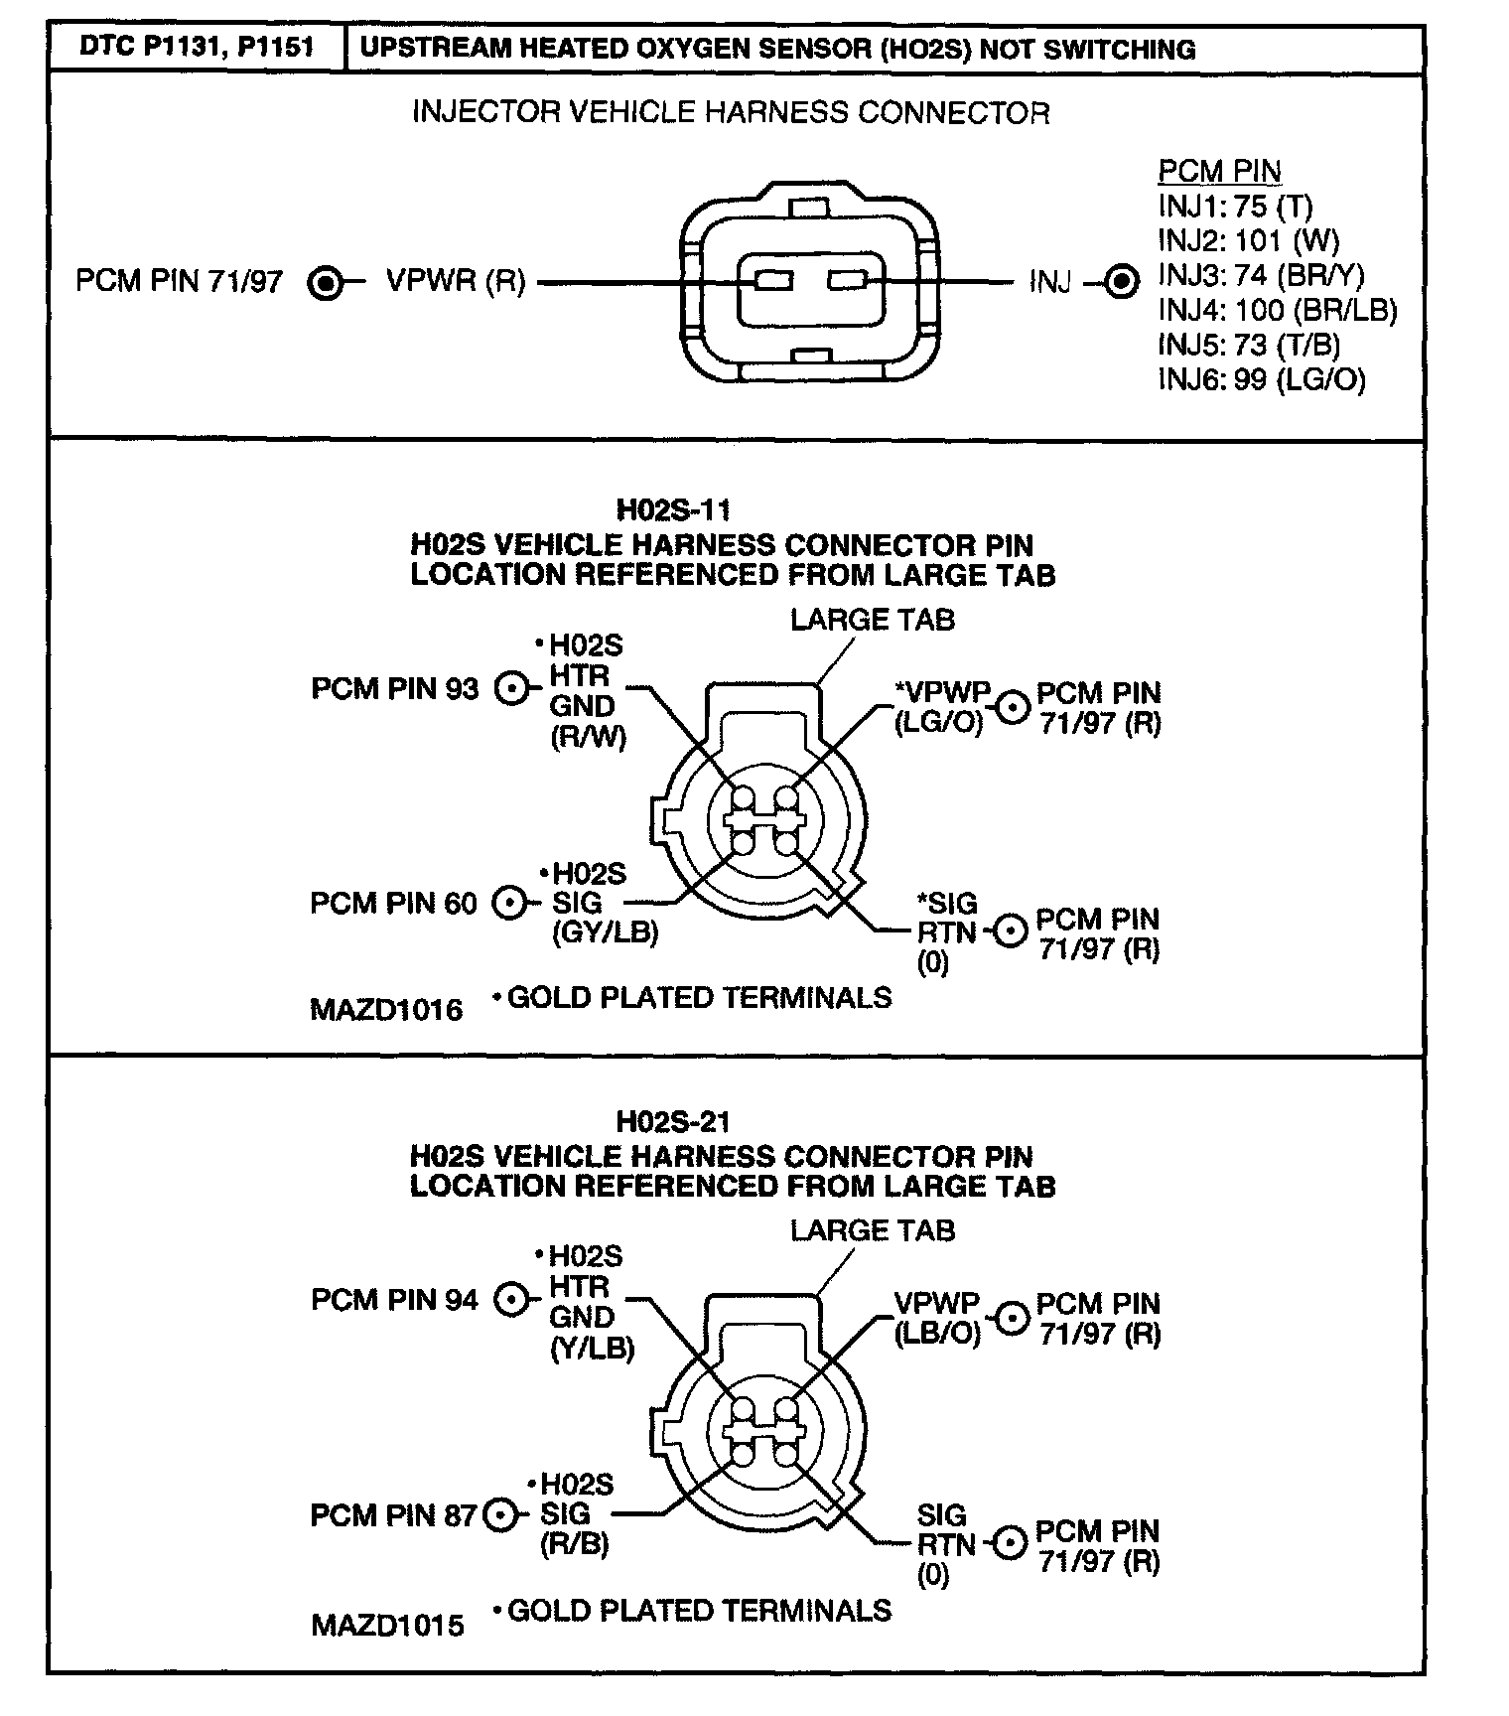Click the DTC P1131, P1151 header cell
(196, 48)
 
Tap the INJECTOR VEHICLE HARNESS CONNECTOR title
(731, 112)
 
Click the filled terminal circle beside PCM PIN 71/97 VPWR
(325, 283)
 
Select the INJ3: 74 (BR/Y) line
(1261, 275)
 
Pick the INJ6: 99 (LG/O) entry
(1262, 379)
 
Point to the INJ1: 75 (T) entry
(1235, 206)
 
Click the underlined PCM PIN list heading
(1219, 171)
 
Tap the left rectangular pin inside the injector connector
(773, 282)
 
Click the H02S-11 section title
(673, 510)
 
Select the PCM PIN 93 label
(394, 688)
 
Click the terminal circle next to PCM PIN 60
(509, 903)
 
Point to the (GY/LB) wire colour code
(605, 932)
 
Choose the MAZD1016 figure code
(386, 1010)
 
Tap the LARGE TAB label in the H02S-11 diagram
(872, 620)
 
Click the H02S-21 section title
(673, 1122)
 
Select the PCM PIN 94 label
(394, 1300)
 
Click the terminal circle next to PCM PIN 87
(500, 1515)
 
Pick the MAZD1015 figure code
(387, 1626)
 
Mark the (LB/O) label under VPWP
(937, 1333)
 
